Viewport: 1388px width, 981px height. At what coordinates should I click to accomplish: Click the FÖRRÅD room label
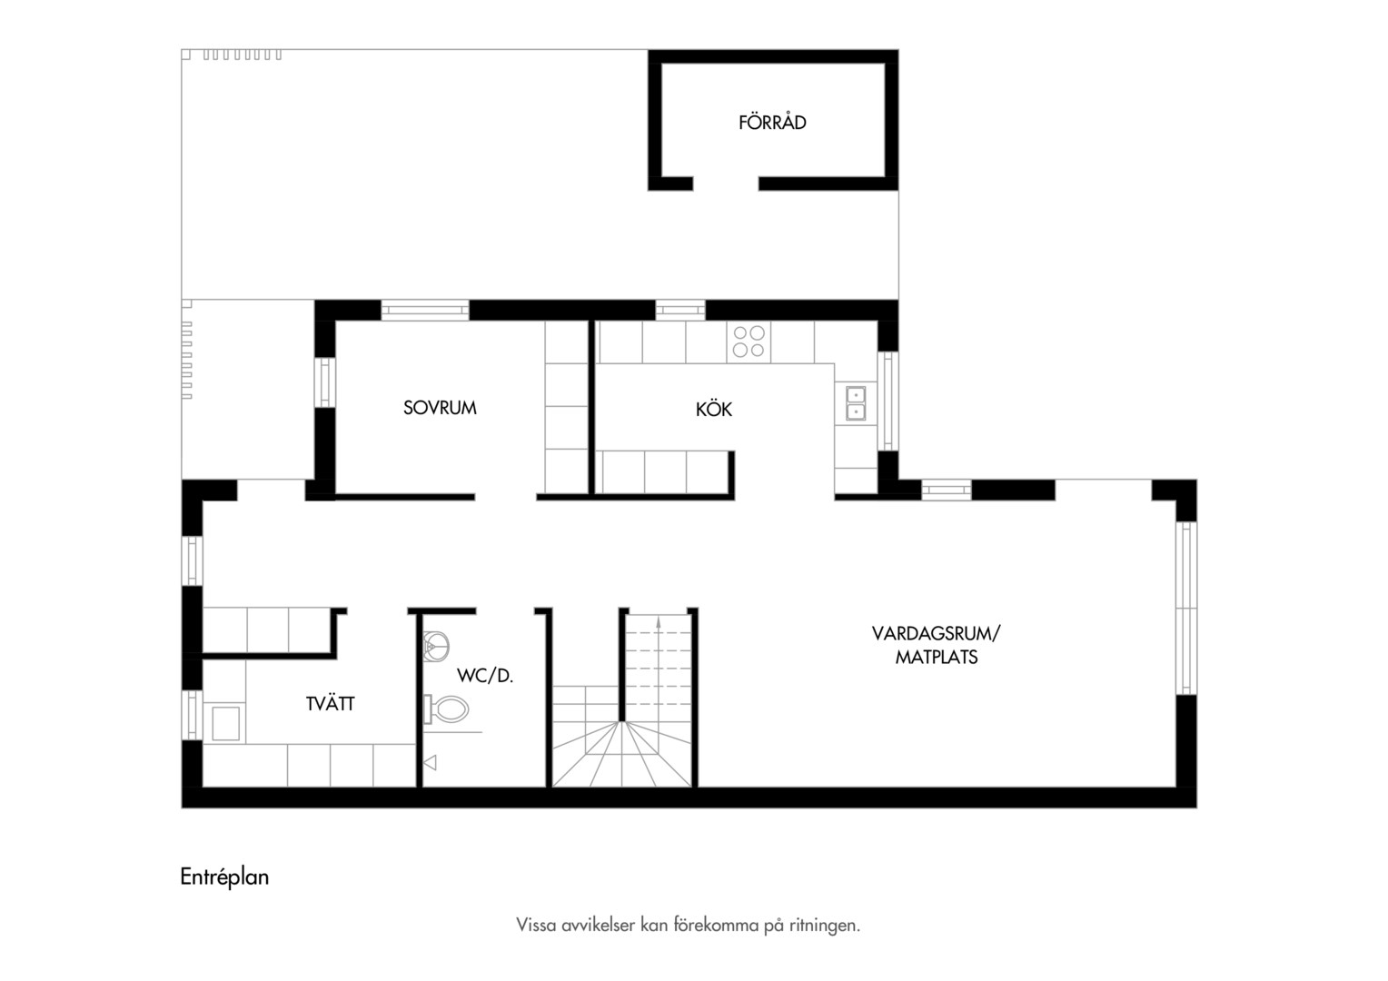(772, 122)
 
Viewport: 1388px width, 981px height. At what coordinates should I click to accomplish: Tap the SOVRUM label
(440, 408)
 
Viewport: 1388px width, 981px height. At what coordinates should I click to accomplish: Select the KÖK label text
(714, 409)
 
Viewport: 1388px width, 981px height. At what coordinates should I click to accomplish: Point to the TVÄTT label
(331, 704)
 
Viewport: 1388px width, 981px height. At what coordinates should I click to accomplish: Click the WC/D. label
(485, 676)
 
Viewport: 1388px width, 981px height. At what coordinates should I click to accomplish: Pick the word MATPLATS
(937, 657)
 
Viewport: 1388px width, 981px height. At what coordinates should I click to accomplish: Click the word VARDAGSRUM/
(937, 633)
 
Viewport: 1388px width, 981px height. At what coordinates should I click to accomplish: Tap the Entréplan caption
(224, 877)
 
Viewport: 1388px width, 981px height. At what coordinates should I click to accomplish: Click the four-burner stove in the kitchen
(749, 342)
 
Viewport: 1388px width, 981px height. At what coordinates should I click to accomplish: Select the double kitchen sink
(856, 402)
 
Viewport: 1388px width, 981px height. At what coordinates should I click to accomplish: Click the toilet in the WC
(445, 709)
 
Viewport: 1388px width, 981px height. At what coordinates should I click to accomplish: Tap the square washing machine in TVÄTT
(225, 723)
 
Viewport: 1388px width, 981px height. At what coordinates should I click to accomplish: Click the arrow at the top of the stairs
(658, 625)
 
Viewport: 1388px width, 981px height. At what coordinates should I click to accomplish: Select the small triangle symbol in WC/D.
(430, 763)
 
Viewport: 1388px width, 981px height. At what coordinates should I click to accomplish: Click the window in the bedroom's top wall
(425, 310)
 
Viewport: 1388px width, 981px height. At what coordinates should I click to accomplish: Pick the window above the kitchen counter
(680, 310)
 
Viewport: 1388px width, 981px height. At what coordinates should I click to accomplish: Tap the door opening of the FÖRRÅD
(726, 183)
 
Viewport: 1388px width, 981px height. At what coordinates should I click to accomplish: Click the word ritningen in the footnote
(824, 926)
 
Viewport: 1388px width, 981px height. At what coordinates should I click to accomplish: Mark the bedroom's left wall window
(324, 382)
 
